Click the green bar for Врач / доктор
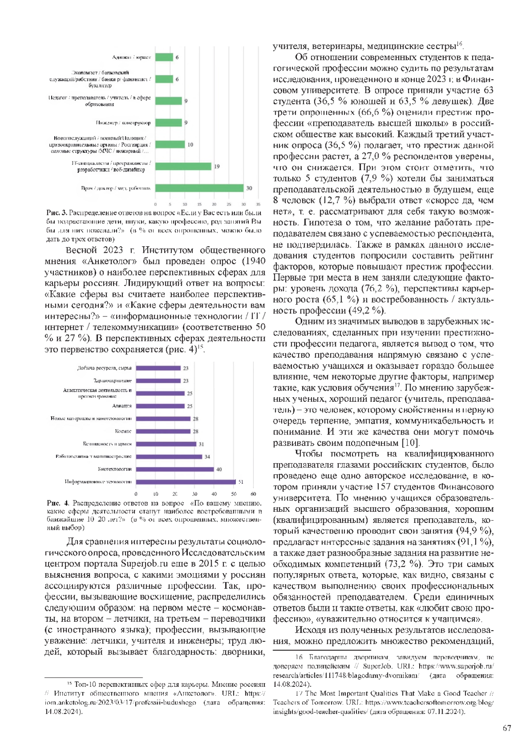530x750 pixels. pyautogui.click(x=199, y=188)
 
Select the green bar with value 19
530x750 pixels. pyautogui.click(x=183, y=167)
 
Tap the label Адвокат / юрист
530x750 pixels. pyautogui.click(x=132, y=57)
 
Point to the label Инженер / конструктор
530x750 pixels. pyautogui.click(x=123, y=123)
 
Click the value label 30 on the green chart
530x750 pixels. pyautogui.click(x=249, y=188)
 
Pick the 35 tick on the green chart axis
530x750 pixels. pyautogui.click(x=258, y=204)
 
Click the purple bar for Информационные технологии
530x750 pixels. pyautogui.click(x=185, y=482)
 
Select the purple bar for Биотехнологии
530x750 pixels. pyautogui.click(x=174, y=469)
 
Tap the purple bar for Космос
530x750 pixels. pyautogui.click(x=163, y=431)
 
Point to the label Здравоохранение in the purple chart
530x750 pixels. pyautogui.click(x=112, y=381)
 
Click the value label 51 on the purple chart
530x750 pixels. pyautogui.click(x=241, y=482)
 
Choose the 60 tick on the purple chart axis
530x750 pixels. pyautogui.click(x=254, y=494)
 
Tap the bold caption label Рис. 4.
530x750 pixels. pyautogui.click(x=58, y=503)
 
